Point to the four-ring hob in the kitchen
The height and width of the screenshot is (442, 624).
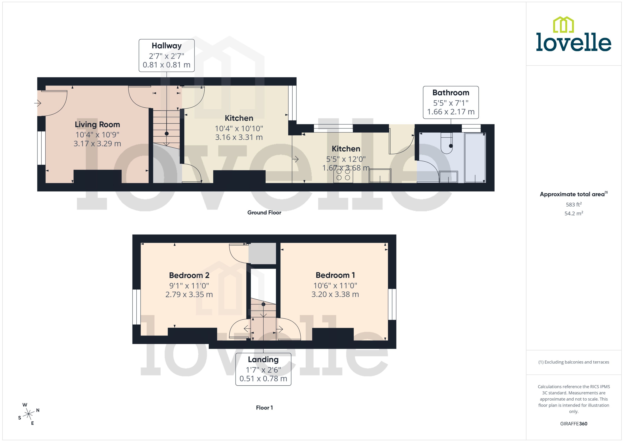[x=343, y=175]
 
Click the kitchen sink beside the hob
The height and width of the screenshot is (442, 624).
[x=380, y=176]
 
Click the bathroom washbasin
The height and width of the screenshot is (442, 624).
[x=448, y=177]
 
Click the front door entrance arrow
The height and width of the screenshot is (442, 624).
[x=37, y=103]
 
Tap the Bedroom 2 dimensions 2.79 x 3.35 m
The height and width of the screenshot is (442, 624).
[x=189, y=294]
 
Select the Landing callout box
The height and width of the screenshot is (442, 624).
[x=263, y=369]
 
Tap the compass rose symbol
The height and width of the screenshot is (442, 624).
[x=29, y=414]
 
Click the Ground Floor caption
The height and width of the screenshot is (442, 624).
[x=264, y=213]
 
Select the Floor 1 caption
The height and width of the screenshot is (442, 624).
[x=264, y=407]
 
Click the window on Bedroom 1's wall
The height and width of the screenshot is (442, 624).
[x=392, y=304]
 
